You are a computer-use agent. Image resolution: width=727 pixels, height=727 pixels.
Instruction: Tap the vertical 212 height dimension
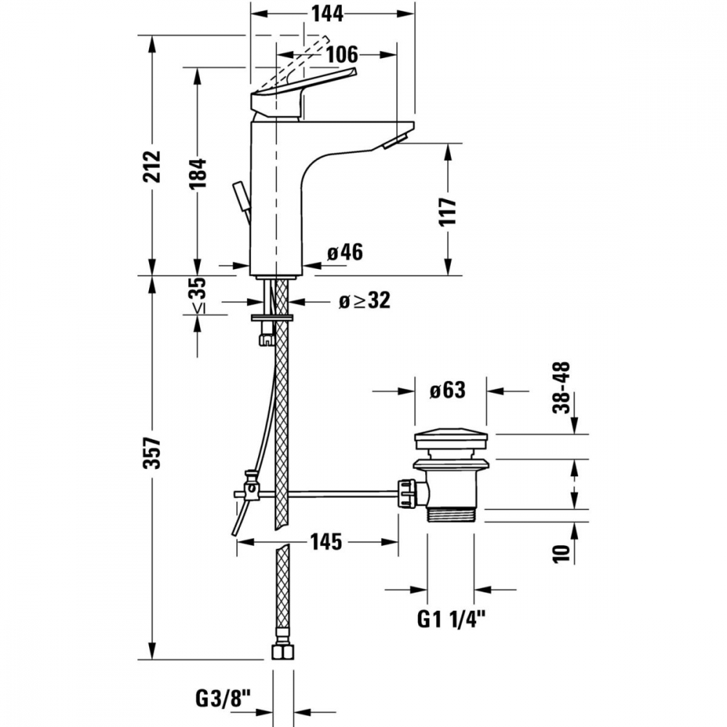tap(152, 168)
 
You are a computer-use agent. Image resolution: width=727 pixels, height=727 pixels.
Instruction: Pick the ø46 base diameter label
tap(344, 252)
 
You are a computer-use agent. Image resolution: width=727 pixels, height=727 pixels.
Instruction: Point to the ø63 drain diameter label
tap(446, 390)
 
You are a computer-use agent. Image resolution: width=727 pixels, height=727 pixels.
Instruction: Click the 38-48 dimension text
tap(561, 388)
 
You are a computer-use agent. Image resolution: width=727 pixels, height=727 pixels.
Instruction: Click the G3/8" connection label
tap(222, 699)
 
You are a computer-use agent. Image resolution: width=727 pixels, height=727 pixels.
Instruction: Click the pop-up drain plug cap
tap(451, 439)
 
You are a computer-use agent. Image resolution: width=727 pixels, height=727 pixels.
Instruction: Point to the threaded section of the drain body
tap(451, 514)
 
